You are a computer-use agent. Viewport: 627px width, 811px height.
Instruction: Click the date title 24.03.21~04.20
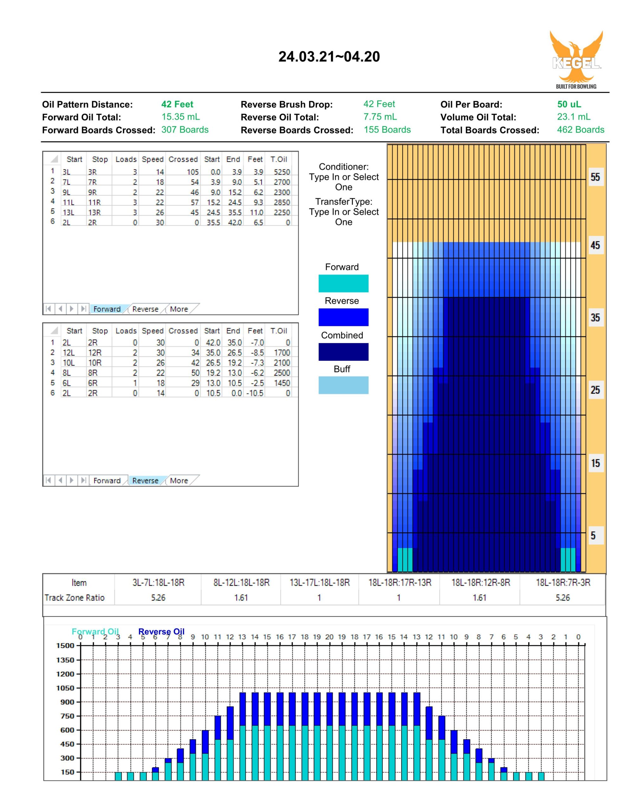329,57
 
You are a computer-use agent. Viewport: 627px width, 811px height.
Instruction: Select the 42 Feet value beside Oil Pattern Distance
177,104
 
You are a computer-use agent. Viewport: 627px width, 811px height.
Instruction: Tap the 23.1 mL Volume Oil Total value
573,117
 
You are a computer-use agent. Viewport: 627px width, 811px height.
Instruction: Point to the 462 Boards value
580,130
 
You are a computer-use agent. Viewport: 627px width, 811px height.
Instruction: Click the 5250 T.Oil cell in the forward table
282,172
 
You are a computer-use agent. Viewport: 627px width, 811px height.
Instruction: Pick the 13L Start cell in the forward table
68,212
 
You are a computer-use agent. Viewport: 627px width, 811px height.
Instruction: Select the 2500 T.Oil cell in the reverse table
282,373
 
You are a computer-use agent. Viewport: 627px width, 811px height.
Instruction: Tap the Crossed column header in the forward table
183,159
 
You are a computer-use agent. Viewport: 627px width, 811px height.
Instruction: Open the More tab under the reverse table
179,481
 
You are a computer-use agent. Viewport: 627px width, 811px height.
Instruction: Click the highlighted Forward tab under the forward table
107,309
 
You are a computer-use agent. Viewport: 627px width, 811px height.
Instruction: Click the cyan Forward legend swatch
343,283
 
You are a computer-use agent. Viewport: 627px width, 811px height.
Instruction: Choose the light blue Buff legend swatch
343,385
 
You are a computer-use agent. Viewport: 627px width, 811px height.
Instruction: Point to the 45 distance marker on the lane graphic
595,245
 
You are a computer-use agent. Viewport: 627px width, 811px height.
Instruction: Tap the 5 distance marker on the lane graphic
593,535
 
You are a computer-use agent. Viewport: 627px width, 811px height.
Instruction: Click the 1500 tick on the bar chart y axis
65,646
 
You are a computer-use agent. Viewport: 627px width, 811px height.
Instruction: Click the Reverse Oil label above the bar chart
161,632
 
